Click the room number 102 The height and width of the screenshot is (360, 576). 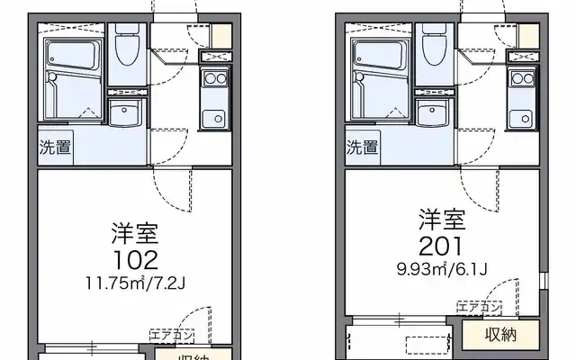coord(135,261)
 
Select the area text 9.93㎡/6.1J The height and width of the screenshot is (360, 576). coord(441,267)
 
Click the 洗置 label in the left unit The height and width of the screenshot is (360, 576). coord(55,148)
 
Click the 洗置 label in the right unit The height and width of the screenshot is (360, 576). coord(363,147)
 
